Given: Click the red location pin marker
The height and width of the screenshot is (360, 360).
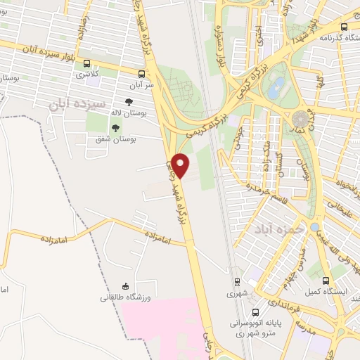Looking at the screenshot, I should (x=181, y=165).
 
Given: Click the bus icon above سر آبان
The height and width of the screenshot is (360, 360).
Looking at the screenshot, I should (x=142, y=73).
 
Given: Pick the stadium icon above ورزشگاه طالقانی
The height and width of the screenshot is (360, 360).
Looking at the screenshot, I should (x=125, y=286).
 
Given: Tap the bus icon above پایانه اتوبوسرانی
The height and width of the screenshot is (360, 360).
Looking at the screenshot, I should (x=256, y=311).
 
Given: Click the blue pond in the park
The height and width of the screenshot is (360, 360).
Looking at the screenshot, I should (x=276, y=89).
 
